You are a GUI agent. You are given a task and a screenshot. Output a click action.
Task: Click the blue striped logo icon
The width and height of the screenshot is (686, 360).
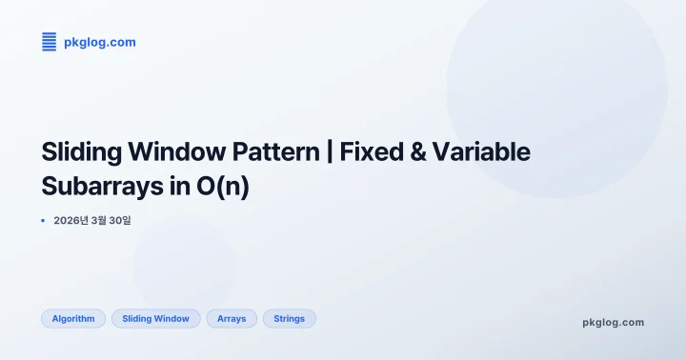tap(50, 42)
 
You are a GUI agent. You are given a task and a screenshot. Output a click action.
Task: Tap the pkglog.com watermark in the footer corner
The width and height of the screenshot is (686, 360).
tap(613, 322)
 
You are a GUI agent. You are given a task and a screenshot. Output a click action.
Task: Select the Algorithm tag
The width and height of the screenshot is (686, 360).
tap(73, 319)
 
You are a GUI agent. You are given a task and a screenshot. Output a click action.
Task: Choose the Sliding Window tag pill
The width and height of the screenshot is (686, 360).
tap(155, 319)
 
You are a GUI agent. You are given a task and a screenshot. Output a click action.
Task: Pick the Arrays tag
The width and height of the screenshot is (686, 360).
tap(232, 319)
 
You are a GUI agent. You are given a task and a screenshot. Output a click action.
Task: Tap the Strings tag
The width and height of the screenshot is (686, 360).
tap(289, 319)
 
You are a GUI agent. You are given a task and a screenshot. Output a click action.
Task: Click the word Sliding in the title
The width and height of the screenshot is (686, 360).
tap(77, 152)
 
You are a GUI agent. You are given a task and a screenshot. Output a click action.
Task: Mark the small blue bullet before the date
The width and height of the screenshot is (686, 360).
tap(43, 220)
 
